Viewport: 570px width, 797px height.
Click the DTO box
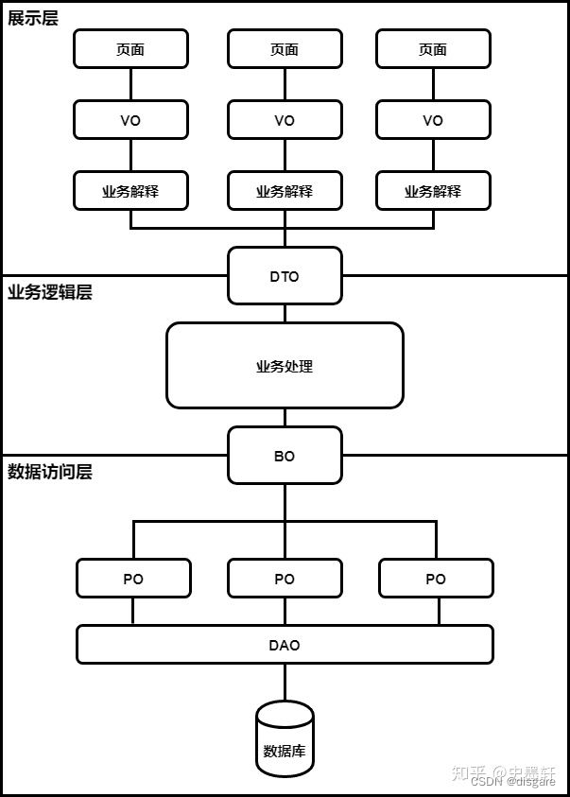coord(285,275)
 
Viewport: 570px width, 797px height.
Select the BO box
coord(285,455)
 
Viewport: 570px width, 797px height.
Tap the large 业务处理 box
coord(285,365)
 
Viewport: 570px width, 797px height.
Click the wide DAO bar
coord(285,644)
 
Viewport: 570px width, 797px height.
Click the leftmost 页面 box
coord(130,48)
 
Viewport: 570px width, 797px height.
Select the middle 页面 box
coord(285,48)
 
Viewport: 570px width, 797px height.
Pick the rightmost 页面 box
coord(433,48)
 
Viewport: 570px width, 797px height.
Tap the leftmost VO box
coord(130,119)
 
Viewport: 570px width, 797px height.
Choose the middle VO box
coord(285,119)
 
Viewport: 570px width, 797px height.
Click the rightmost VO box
coord(433,119)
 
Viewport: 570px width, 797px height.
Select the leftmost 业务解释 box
coord(130,190)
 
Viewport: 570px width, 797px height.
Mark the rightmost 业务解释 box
coord(433,190)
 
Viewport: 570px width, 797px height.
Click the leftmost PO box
coord(133,578)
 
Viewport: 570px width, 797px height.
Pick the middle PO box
coord(285,578)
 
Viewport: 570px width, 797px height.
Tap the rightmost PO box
coord(436,578)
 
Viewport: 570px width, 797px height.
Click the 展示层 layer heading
coord(33,18)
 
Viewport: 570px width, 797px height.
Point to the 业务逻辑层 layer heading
coord(50,292)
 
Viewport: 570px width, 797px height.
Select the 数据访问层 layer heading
coord(50,472)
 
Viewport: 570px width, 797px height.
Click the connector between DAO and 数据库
coord(285,682)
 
